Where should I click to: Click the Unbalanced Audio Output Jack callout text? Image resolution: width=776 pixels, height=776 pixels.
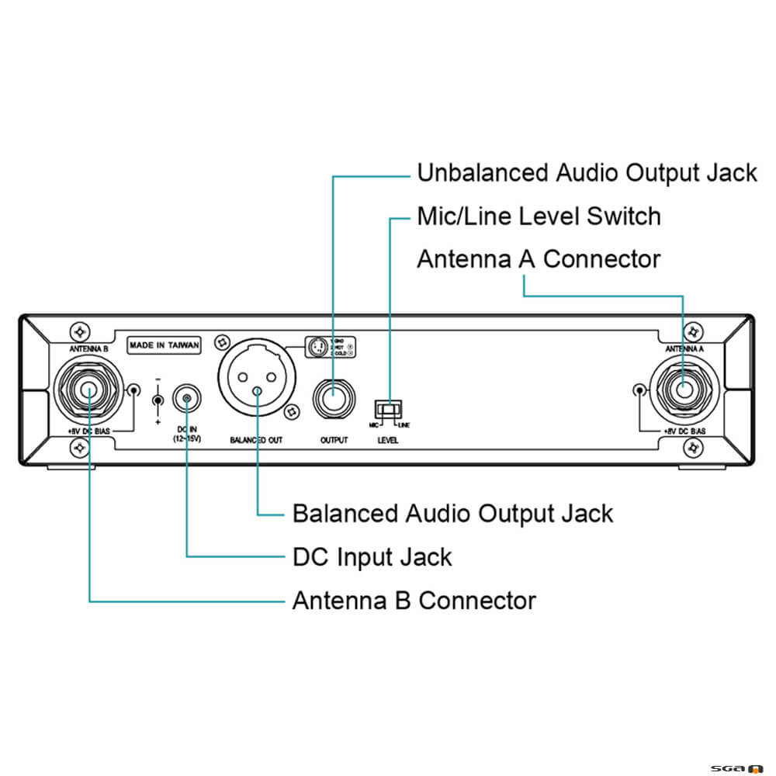coord(587,173)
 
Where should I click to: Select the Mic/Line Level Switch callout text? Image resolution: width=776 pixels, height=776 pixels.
coord(539,216)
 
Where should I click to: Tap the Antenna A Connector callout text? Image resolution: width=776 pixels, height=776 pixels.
coord(539,259)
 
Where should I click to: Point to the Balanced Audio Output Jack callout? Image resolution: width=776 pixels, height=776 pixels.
coord(452,514)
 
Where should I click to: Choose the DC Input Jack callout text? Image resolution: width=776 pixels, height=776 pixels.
coord(372,556)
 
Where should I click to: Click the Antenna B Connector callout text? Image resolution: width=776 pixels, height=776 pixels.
coord(414,601)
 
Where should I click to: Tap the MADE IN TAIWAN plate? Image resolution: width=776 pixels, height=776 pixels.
coord(164,345)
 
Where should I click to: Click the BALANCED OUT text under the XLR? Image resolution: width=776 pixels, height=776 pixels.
coord(256,440)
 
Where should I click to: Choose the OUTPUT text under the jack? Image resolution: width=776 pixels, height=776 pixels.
coord(334,440)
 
